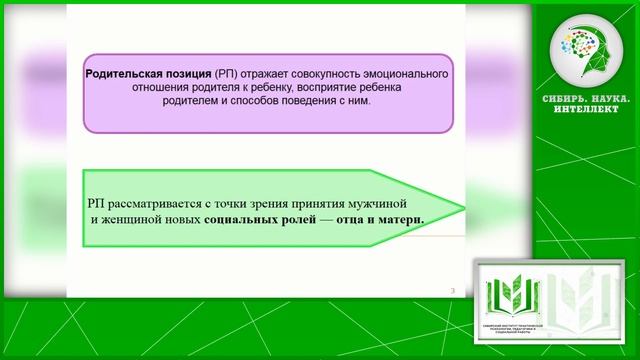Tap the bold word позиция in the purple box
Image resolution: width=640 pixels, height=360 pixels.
[x=193, y=75]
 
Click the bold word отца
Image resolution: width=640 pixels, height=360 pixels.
[x=349, y=219]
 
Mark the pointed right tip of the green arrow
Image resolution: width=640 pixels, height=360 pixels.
[x=462, y=210]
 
